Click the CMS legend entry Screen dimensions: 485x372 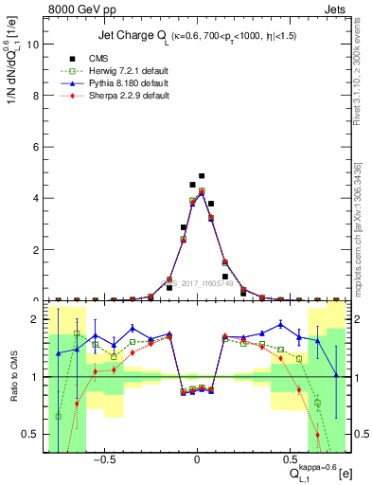(98, 58)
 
